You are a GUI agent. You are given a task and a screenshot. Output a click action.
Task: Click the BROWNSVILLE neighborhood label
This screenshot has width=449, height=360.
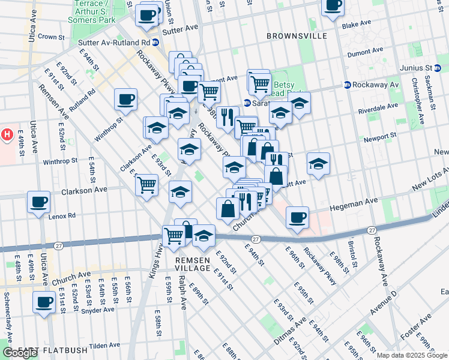click(x=297, y=36)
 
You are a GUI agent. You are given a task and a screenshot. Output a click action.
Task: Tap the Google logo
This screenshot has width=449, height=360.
click(x=19, y=353)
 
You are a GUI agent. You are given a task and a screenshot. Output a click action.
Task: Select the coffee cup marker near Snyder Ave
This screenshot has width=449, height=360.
click(x=43, y=303)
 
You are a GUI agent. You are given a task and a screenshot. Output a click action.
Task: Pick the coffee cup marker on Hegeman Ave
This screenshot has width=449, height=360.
click(x=297, y=218)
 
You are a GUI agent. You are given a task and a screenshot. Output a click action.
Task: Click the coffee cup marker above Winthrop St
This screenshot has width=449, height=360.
click(x=126, y=100)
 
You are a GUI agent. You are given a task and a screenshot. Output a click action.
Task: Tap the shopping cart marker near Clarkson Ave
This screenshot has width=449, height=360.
click(x=146, y=185)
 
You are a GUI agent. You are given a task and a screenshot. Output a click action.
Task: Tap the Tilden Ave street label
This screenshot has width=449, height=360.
click(x=106, y=346)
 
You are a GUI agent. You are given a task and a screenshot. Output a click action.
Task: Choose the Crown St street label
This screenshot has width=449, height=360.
click(x=50, y=37)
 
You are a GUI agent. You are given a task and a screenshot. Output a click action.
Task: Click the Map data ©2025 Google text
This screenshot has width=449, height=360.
click(x=412, y=355)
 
